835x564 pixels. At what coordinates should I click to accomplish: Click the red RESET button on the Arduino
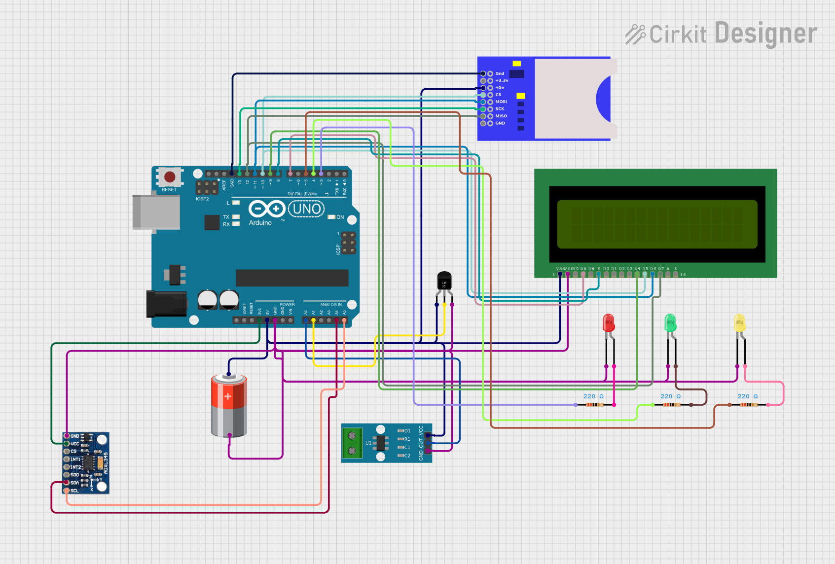click(x=170, y=176)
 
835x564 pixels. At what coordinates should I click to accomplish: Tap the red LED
click(x=609, y=323)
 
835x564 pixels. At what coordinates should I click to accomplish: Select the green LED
click(x=670, y=323)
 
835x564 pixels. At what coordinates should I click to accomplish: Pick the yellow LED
click(x=739, y=323)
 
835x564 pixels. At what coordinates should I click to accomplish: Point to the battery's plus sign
click(x=228, y=396)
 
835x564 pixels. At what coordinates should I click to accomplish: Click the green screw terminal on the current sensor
click(x=352, y=443)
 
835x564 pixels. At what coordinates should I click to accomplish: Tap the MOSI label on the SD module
click(x=501, y=102)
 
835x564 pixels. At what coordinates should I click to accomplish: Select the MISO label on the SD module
click(x=501, y=116)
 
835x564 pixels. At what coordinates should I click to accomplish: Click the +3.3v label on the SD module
click(x=502, y=80)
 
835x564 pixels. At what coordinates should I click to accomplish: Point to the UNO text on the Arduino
click(x=306, y=209)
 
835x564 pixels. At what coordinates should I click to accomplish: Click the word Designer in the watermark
click(x=765, y=34)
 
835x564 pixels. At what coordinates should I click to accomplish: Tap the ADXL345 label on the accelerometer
click(x=106, y=463)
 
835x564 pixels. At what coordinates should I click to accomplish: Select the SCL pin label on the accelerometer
click(x=74, y=491)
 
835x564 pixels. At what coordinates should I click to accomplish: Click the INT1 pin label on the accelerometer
click(x=75, y=459)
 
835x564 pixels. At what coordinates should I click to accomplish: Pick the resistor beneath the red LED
click(x=594, y=405)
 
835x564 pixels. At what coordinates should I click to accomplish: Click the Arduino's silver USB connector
click(x=156, y=212)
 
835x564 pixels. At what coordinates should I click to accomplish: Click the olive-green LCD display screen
click(x=657, y=224)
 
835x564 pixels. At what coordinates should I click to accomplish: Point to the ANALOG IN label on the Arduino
click(x=330, y=305)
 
